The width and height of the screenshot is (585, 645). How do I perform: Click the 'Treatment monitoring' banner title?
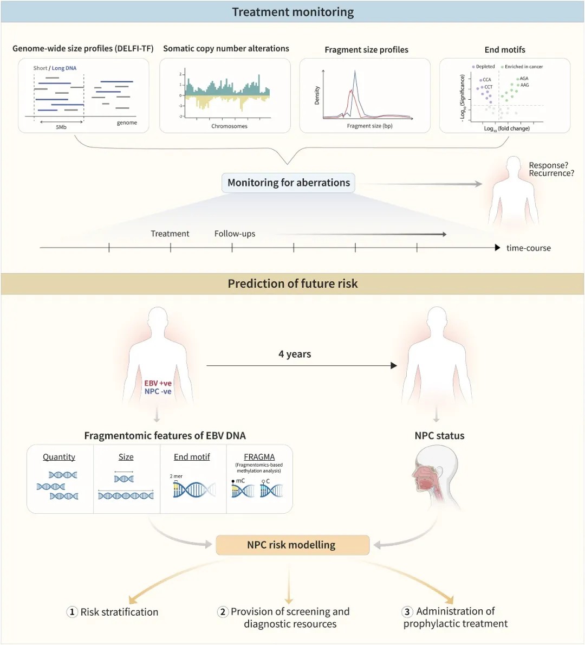292,12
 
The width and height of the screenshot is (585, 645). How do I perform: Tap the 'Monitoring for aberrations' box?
289,183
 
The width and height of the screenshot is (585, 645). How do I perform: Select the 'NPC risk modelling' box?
291,545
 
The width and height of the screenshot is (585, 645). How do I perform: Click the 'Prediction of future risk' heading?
292,283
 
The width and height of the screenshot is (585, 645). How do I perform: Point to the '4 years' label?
295,354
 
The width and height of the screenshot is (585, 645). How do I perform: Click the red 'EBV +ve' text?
158,383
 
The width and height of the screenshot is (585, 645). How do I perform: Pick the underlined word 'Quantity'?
59,457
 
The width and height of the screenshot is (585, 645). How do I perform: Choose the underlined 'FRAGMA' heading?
259,457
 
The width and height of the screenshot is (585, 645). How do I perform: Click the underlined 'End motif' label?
192,457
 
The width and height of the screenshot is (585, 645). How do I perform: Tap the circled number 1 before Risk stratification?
72,612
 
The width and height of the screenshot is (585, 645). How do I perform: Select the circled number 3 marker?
407,611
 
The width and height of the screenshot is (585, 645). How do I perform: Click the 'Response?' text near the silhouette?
548,165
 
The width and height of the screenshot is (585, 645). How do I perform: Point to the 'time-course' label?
528,248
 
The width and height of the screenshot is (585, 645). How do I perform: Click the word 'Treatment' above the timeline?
170,234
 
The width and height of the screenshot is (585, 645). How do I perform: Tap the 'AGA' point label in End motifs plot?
524,79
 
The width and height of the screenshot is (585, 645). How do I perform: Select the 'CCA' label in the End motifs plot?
486,80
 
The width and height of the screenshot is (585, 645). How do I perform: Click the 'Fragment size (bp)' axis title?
369,126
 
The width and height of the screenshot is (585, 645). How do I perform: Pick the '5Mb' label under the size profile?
61,127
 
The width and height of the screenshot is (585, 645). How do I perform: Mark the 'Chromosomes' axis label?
229,126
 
